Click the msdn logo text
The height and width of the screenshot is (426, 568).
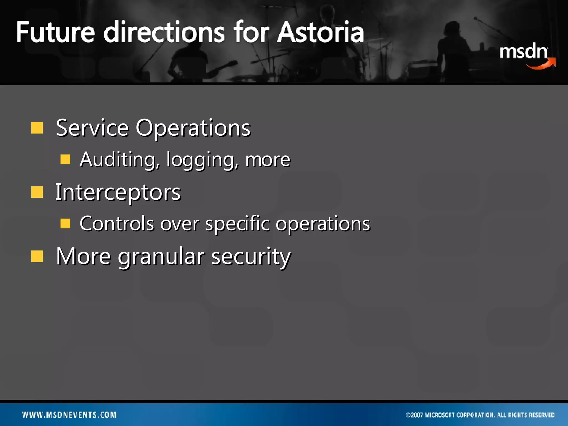pos(523,52)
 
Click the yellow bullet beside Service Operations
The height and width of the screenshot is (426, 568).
pos(37,128)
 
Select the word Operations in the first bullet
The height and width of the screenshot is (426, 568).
pos(193,128)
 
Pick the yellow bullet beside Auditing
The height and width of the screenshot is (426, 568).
pos(65,159)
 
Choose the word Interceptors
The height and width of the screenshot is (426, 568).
pos(118,192)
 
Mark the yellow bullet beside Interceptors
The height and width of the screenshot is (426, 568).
pos(37,192)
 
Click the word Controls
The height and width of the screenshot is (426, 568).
pos(116,224)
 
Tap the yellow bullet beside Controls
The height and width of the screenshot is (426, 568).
pos(65,223)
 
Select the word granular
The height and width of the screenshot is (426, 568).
pos(161,257)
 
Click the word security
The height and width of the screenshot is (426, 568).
pos(251,257)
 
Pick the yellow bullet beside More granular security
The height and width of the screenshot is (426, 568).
pos(37,256)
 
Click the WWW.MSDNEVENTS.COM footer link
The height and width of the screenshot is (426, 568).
pos(69,415)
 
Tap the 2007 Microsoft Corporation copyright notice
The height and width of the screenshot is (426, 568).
pos(480,415)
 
